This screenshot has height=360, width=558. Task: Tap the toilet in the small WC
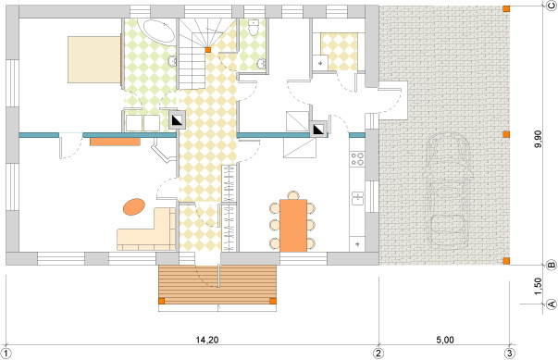tap(254, 31)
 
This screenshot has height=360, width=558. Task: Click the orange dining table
tap(293, 224)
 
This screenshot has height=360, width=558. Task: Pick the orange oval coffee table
tap(134, 205)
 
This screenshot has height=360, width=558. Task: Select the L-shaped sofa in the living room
tap(148, 231)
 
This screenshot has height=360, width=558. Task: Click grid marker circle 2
tap(378, 353)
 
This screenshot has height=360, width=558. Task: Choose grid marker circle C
tap(551, 6)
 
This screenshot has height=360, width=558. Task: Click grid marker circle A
tap(551, 303)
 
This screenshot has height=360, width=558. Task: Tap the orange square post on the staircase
tap(208, 49)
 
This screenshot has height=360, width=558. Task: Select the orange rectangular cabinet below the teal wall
tap(115, 142)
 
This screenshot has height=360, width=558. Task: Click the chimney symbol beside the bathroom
tap(176, 119)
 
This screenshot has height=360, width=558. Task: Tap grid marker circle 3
tap(509, 353)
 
